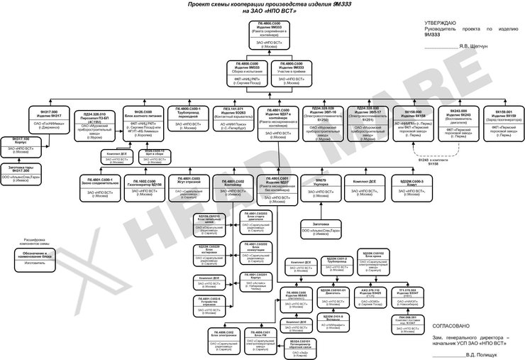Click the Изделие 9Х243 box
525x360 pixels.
(x=458, y=120)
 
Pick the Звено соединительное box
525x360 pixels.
(x=100, y=186)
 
